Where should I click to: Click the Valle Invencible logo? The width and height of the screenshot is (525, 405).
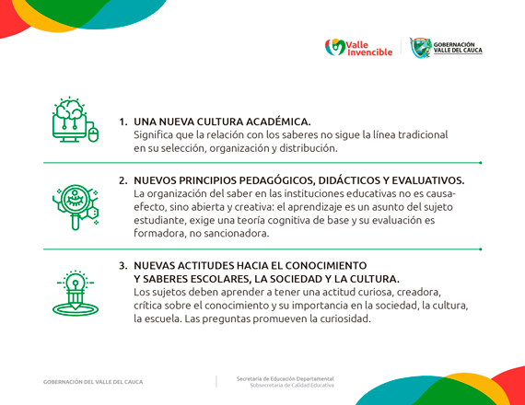coord(358,47)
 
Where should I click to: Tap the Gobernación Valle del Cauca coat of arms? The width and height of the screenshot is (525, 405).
coord(421,47)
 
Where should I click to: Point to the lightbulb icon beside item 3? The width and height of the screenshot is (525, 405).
coord(74,293)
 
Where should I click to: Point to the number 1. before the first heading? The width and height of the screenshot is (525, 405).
coord(123,121)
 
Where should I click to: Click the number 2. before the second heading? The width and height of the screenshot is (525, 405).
coord(123,180)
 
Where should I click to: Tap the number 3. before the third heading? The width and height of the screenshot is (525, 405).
coord(123,265)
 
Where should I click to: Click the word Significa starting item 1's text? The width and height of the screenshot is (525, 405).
coord(157,134)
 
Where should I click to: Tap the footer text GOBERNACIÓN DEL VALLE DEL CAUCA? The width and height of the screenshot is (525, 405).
coord(93,382)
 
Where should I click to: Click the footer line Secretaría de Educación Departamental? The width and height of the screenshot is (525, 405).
coord(285,378)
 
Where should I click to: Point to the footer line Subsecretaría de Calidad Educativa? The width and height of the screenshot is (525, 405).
coord(292,386)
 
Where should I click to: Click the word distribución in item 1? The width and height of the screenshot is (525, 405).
coord(306,148)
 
